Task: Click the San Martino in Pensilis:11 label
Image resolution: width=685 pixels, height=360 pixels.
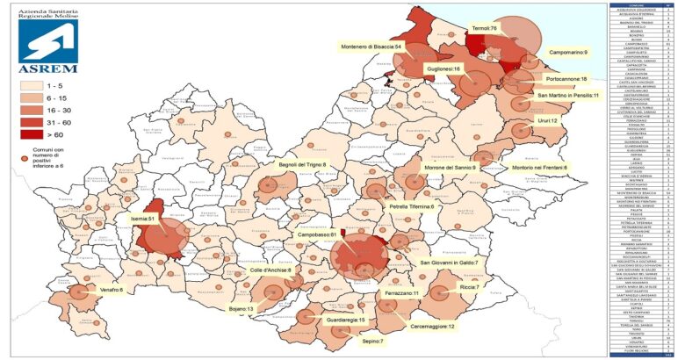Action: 568,95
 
